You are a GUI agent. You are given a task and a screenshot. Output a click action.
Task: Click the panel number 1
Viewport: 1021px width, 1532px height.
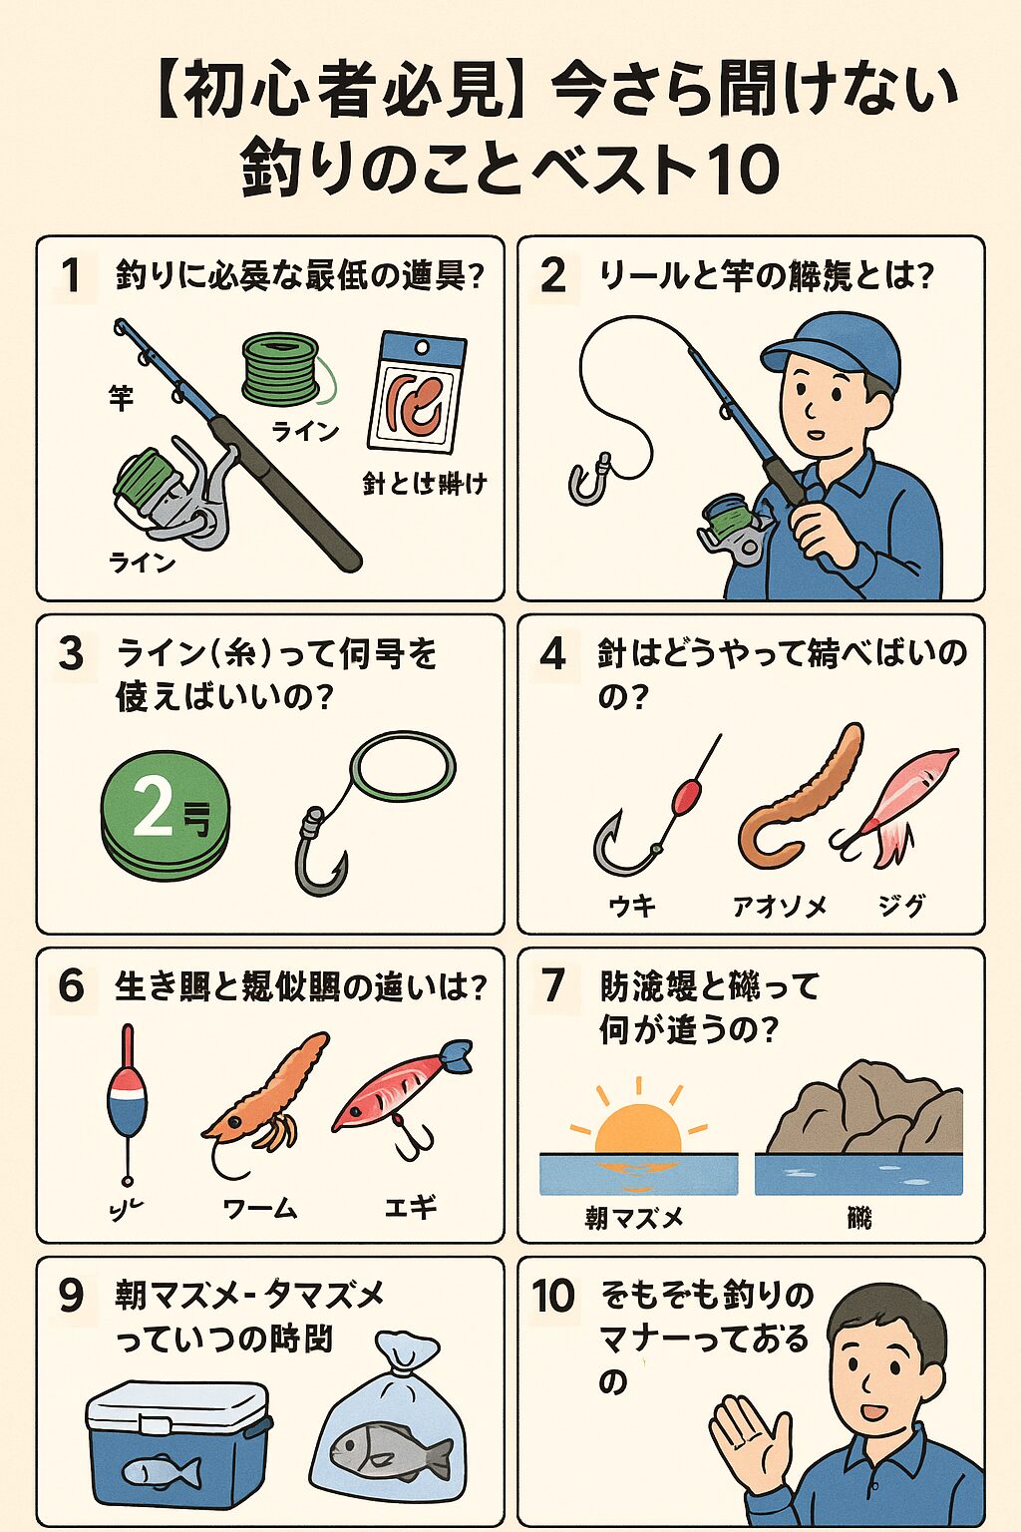click(x=70, y=275)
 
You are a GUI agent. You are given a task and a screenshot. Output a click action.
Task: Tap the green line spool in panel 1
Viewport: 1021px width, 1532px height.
click(x=281, y=370)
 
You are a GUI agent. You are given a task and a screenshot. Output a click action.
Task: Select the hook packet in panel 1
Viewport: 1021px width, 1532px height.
click(x=417, y=393)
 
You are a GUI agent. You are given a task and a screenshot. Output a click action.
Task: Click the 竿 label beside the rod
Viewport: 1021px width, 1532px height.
click(x=121, y=398)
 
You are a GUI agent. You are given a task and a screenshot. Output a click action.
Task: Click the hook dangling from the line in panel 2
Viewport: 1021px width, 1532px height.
click(x=588, y=479)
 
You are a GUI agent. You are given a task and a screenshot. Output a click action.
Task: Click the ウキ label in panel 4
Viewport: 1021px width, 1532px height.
click(x=632, y=906)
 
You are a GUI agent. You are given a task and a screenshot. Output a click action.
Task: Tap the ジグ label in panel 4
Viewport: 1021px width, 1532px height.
click(x=901, y=906)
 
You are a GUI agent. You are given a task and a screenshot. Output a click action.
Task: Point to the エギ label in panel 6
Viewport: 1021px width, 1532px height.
click(x=411, y=1207)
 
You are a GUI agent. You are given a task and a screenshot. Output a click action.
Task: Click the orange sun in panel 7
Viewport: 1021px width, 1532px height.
click(x=637, y=1130)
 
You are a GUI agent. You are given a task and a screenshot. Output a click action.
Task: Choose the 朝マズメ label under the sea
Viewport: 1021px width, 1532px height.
click(x=634, y=1218)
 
